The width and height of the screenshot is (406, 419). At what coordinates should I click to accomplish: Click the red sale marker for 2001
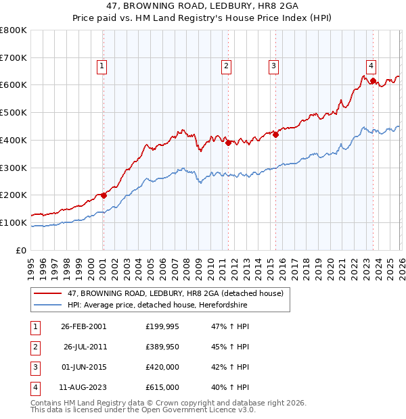[x=104, y=195]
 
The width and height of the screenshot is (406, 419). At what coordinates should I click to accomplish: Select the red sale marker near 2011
[x=229, y=143]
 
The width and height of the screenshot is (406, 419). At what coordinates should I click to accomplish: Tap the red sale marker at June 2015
[x=276, y=134]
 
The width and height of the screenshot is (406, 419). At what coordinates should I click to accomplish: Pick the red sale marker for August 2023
[x=373, y=81]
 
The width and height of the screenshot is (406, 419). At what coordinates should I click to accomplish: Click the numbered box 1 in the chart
[x=101, y=66]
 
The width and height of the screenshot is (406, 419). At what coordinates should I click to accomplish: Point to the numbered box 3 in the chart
[x=273, y=66]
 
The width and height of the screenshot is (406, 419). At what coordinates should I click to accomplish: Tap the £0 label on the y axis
[x=22, y=250]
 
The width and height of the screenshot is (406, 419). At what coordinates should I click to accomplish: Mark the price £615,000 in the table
[x=162, y=388]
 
